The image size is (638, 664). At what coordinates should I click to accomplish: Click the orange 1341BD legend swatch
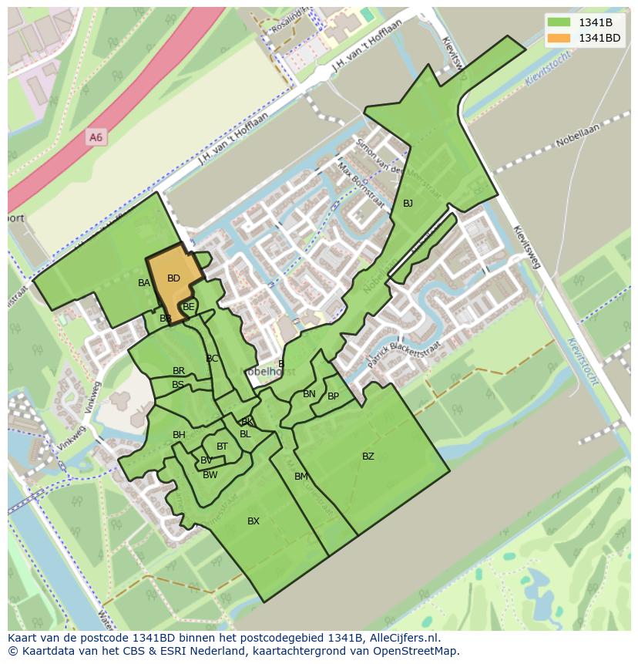(x=560, y=38)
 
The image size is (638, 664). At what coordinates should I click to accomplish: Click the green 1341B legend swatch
(x=560, y=22)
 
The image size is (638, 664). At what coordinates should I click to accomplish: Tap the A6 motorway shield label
(x=96, y=137)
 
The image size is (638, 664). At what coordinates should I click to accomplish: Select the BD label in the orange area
(x=173, y=278)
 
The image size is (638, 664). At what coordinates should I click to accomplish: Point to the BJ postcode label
(x=408, y=204)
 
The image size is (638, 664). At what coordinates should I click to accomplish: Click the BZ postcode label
(x=368, y=457)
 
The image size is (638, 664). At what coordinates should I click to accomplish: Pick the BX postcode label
(x=254, y=521)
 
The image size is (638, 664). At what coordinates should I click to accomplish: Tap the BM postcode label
(x=301, y=477)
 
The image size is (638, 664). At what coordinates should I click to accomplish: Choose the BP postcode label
(x=333, y=396)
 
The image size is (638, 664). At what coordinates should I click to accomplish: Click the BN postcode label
(x=309, y=394)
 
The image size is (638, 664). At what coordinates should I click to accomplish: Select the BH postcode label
(x=179, y=435)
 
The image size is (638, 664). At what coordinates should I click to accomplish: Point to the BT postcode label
(x=222, y=447)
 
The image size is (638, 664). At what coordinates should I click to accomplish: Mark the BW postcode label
(x=210, y=475)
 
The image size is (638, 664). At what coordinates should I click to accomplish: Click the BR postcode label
(x=179, y=371)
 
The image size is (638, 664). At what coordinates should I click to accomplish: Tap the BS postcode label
(x=178, y=385)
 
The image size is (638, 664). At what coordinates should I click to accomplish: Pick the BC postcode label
(x=212, y=359)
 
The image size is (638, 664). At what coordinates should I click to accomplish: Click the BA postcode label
(x=144, y=283)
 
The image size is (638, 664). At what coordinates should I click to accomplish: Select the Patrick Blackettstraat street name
(x=399, y=355)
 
